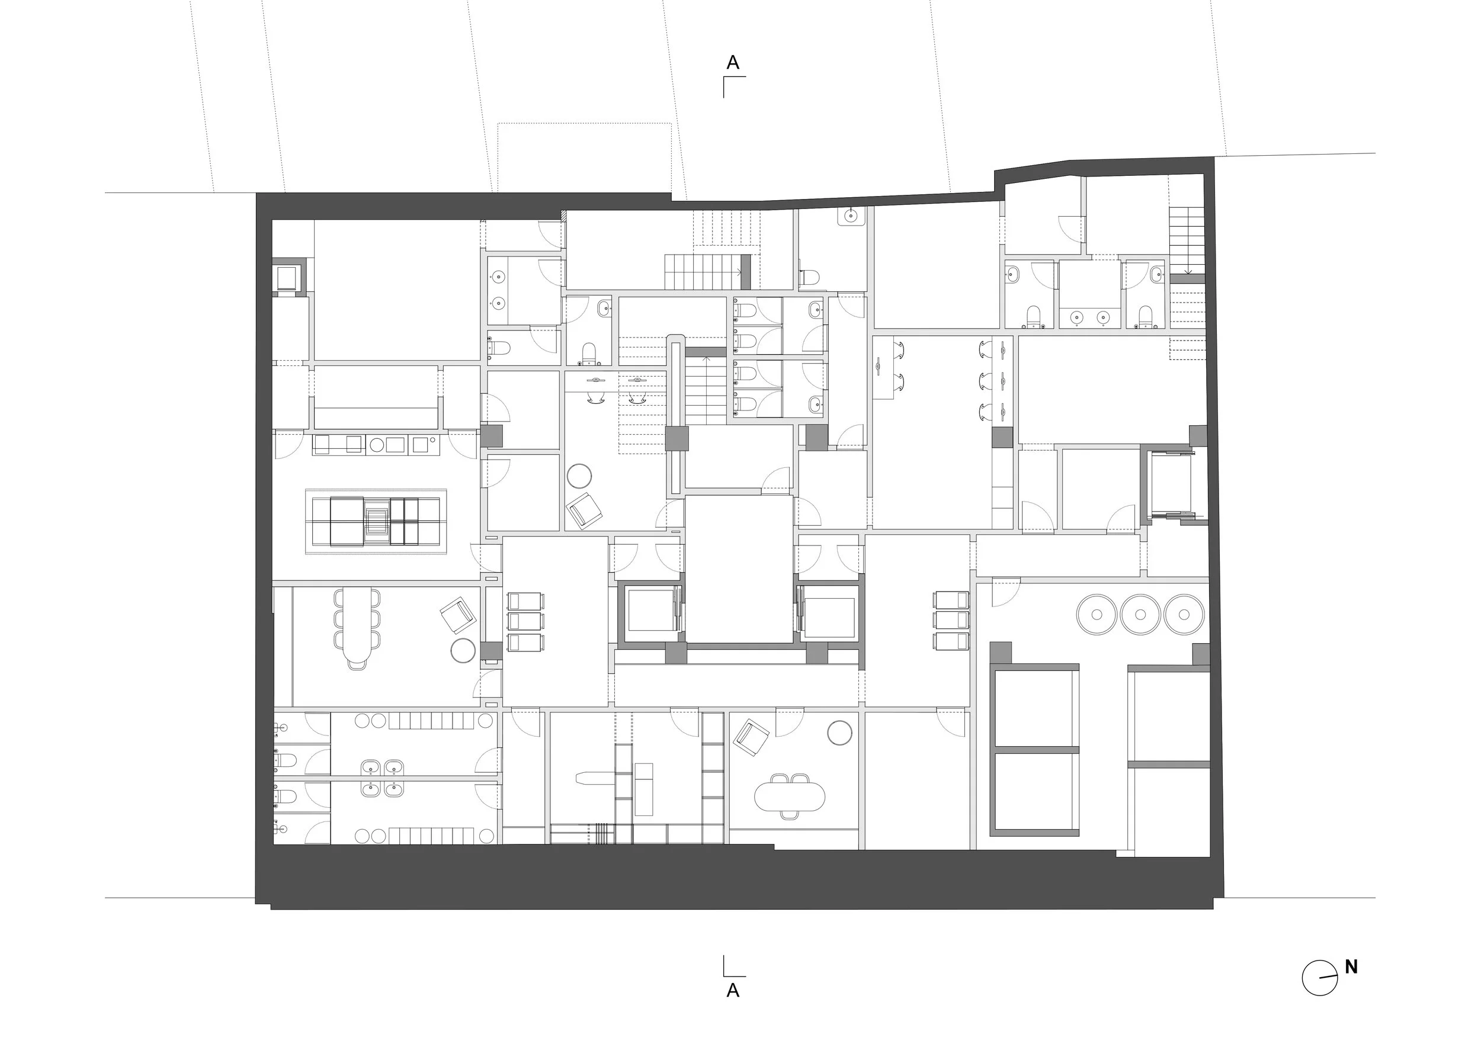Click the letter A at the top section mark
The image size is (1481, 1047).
[x=733, y=63]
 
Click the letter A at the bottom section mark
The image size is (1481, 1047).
[x=733, y=990]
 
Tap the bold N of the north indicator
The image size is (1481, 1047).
[x=1351, y=967]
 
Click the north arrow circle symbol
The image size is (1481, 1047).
[x=1320, y=978]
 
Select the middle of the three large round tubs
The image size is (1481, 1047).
[x=1140, y=614]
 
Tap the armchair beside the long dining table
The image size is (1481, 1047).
[x=459, y=615]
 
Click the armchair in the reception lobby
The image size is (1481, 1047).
[x=584, y=511]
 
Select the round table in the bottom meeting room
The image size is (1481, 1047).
[x=840, y=733]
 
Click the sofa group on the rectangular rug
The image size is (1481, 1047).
[x=376, y=521]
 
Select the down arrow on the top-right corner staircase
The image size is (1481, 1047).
[x=1188, y=269]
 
